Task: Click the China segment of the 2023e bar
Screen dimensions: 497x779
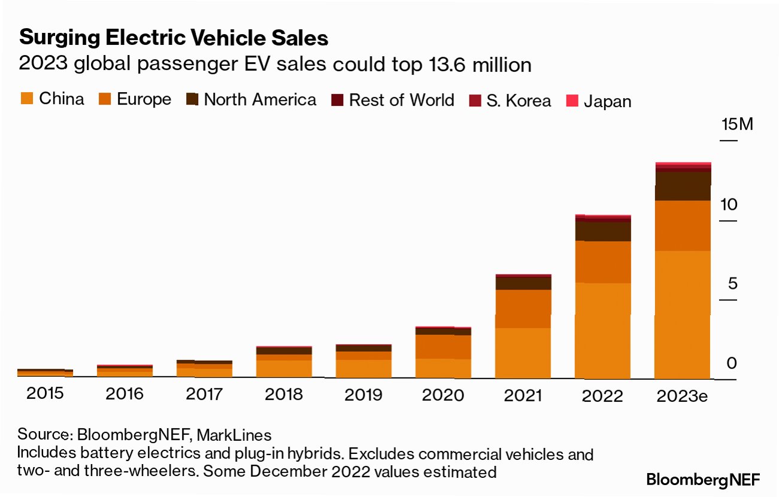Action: pos(683,314)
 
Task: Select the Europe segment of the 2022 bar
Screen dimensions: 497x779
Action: pos(603,262)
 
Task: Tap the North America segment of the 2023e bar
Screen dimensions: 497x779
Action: pos(683,186)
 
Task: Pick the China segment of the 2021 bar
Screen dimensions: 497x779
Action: pos(523,353)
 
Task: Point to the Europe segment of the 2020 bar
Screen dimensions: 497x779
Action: pos(443,347)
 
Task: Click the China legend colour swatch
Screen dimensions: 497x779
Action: pos(26,99)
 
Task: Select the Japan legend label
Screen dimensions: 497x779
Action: pos(607,101)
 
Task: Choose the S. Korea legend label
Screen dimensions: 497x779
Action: pos(519,100)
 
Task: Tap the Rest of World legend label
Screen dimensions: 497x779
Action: pos(401,100)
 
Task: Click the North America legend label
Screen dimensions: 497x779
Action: pos(260,99)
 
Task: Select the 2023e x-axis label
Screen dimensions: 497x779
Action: pos(682,395)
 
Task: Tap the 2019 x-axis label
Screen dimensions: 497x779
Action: pos(363,395)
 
